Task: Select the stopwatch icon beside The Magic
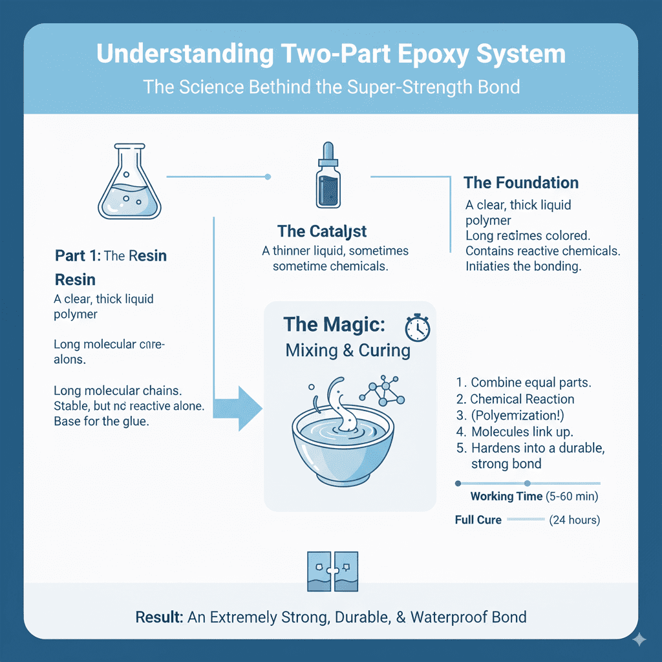click(417, 328)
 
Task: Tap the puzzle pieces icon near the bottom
click(332, 571)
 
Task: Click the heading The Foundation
click(521, 182)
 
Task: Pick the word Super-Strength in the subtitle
click(400, 87)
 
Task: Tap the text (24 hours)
click(574, 520)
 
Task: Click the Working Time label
click(506, 496)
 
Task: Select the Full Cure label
click(478, 520)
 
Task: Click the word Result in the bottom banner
click(159, 617)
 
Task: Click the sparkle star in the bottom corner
click(639, 639)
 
